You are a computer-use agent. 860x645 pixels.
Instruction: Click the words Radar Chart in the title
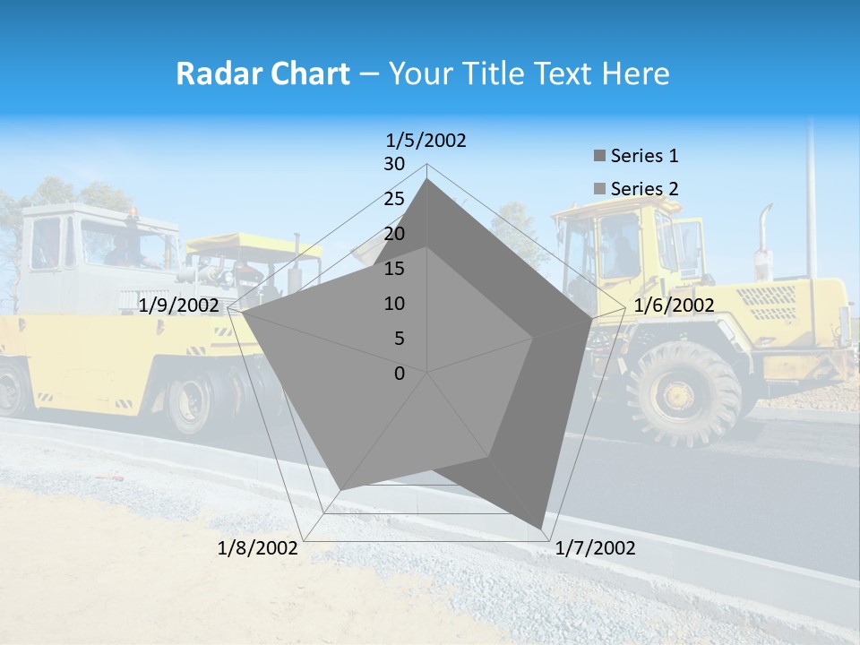click(x=262, y=73)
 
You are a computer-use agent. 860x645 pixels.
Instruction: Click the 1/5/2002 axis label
click(x=426, y=140)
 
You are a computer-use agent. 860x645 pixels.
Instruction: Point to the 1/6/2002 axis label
click(x=674, y=305)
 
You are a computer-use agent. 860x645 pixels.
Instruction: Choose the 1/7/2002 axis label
click(x=595, y=548)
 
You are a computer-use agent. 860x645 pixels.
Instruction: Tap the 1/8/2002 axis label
click(x=258, y=548)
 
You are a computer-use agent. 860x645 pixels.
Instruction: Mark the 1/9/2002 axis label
click(x=179, y=305)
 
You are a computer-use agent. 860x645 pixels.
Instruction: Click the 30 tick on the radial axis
click(x=394, y=164)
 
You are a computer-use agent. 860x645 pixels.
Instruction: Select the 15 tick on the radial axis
click(x=394, y=269)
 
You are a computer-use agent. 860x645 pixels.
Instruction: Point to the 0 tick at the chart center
click(x=400, y=374)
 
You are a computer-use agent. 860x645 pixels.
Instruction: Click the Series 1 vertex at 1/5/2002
click(x=427, y=179)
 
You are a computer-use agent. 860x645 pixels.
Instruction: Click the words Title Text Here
click(x=529, y=73)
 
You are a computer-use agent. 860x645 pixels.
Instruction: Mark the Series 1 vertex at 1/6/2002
click(x=591, y=319)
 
